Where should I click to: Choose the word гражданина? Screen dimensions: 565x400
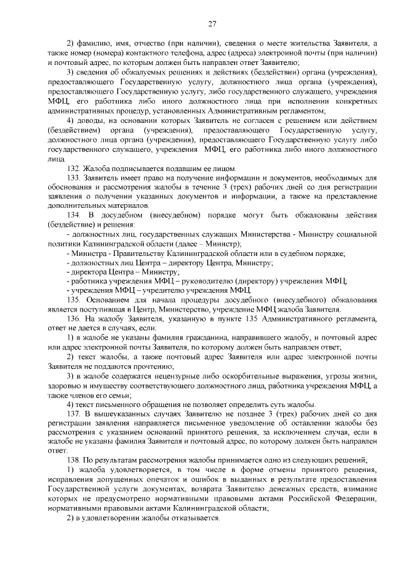tap(201, 337)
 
